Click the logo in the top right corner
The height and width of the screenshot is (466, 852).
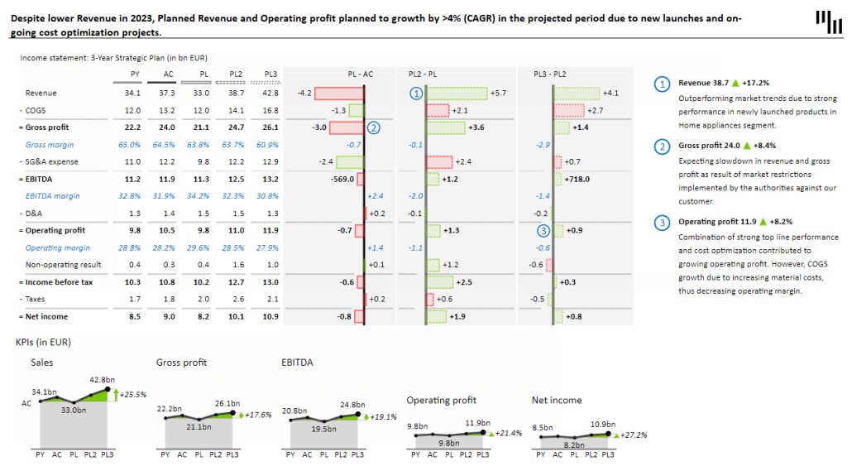pos(826,22)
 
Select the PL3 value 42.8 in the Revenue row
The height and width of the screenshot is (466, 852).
pos(269,93)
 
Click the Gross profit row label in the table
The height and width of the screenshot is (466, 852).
pos(46,127)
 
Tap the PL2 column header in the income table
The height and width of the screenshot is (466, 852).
pos(235,74)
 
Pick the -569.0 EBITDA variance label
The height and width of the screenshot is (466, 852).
pos(342,179)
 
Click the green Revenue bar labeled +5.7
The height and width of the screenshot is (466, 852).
pos(456,93)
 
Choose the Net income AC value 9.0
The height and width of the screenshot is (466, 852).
pos(169,316)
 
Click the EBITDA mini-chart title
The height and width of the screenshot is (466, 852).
pos(297,362)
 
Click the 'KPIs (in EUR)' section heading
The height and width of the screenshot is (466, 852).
pos(44,341)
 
